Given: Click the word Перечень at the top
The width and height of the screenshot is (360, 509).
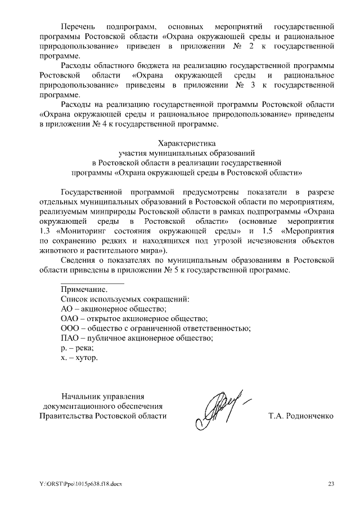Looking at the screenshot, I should point(78,26).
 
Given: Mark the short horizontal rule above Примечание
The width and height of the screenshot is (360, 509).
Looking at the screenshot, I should point(92,283).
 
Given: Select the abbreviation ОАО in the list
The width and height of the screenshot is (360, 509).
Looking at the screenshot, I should point(69,318).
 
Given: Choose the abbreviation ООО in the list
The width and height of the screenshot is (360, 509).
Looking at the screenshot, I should point(69,328).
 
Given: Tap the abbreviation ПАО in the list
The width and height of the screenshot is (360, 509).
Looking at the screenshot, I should point(69,339).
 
